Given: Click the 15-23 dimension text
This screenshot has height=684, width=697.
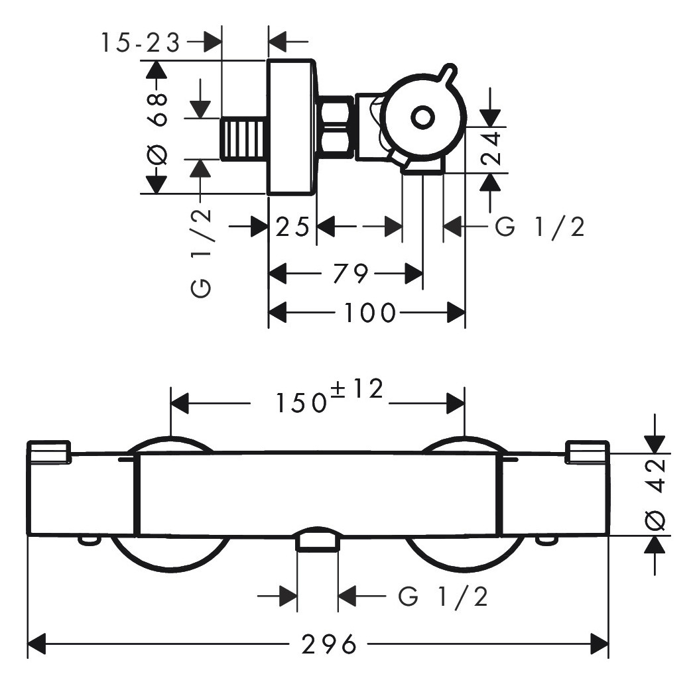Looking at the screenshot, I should (x=140, y=43).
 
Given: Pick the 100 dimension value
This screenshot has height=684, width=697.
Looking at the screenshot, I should (x=369, y=312).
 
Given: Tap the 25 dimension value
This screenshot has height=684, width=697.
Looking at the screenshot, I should (x=292, y=228).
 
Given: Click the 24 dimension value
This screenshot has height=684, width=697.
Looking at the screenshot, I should (x=491, y=149).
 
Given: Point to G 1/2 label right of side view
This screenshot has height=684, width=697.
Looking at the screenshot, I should (x=540, y=227).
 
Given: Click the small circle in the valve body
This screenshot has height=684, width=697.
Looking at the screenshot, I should (x=422, y=117).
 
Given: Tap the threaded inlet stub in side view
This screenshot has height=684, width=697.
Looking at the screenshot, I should (x=243, y=139).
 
